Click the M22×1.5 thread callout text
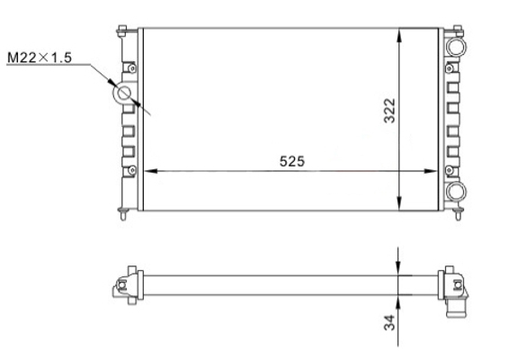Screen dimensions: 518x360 tap(40, 58)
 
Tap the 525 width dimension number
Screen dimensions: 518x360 tap(292, 161)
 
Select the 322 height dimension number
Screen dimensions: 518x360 tap(389, 111)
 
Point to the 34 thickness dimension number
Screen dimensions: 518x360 tap(389, 322)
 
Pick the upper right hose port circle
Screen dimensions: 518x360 tap(456, 47)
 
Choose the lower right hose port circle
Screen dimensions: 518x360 tap(456, 191)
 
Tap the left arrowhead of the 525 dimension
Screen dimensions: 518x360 tap(151, 171)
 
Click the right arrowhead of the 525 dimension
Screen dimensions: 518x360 tap(431, 171)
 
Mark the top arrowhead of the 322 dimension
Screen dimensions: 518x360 tap(399, 35)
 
